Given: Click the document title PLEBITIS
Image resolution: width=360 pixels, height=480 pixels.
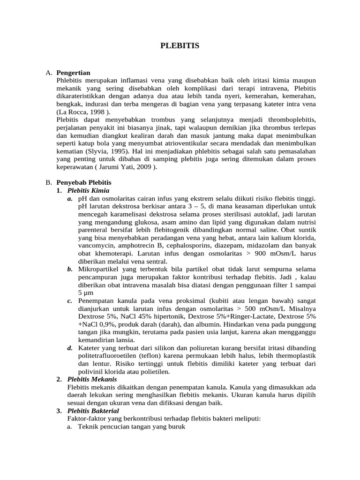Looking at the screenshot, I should [x=180, y=45].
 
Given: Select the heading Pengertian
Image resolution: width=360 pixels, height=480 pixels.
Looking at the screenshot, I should [x=73, y=73].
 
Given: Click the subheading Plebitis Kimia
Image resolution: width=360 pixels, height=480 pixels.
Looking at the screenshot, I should [x=88, y=190].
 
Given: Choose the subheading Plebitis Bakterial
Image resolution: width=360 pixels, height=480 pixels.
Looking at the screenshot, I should [x=93, y=410].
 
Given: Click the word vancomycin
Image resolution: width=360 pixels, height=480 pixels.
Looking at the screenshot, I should [x=97, y=245].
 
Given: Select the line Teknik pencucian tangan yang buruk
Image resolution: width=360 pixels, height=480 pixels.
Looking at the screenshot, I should [x=132, y=427].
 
